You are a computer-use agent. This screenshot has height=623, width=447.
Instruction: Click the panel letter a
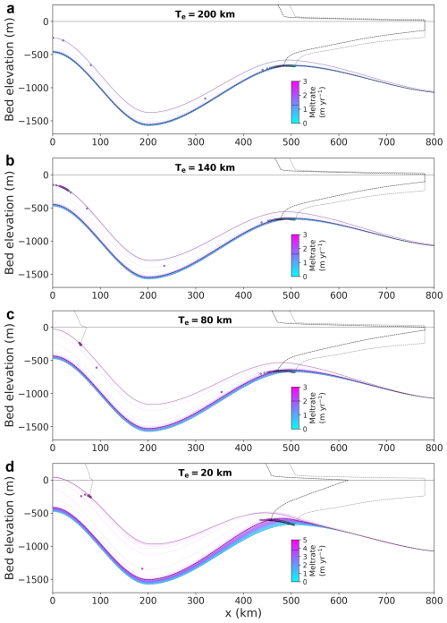10,7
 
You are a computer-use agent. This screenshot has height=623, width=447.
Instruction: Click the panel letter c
10,315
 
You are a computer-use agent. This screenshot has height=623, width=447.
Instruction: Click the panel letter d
10,467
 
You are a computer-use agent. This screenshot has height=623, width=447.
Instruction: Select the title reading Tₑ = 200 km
205,14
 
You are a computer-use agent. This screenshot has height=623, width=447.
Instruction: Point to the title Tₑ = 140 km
205,167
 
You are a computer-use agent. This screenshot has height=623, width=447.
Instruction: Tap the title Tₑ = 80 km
205,320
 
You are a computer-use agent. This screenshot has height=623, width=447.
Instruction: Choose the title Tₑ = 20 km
205,473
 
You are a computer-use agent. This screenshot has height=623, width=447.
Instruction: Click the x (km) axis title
243,613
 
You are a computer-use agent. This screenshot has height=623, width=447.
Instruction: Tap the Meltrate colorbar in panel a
295,102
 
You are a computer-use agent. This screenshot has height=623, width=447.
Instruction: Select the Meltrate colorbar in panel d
295,560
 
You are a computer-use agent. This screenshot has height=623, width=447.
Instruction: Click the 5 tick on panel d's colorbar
305,540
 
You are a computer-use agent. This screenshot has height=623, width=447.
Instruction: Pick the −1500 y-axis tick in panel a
37,121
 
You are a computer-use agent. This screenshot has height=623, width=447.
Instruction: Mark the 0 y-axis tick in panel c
46,328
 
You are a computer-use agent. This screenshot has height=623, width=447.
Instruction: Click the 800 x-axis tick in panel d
434,601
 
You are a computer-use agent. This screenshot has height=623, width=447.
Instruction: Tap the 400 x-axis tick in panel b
243,295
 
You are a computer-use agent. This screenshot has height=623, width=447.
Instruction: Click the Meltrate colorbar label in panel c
317,408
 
